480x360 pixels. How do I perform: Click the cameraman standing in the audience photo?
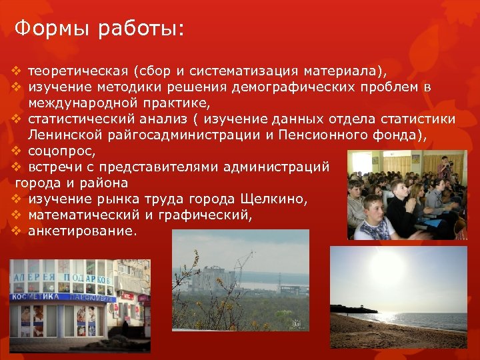[445, 170]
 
